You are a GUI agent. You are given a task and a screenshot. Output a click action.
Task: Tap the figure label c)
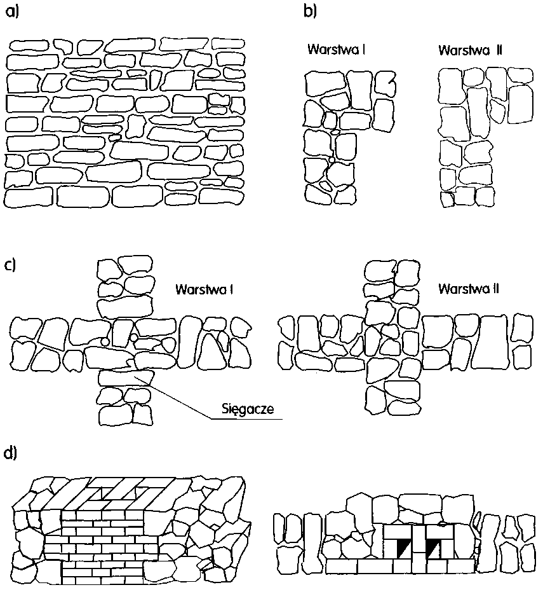pos(10,265)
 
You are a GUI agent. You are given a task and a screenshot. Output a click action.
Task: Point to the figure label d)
pos(11,453)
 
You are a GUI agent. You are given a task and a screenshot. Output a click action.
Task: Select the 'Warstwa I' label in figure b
pos(335,50)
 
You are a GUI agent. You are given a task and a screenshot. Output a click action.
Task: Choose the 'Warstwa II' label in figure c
pos(469,289)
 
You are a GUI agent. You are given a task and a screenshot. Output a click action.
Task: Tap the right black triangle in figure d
pos(435,547)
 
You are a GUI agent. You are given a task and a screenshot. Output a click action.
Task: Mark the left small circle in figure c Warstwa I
pos(105,342)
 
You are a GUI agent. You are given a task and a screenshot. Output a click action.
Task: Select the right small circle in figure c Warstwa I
pos(135,336)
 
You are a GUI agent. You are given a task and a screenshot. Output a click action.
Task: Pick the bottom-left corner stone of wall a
pos(26,196)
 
